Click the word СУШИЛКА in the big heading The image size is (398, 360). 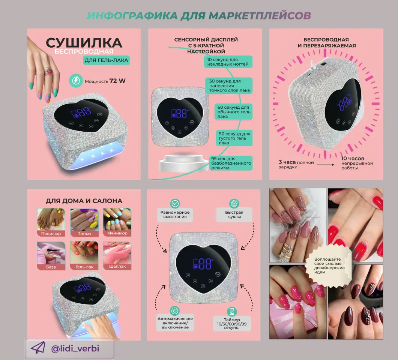84,43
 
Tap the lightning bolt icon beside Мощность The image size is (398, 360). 76,81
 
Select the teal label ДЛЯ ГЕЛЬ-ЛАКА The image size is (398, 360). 107,60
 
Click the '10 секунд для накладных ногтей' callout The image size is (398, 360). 228,62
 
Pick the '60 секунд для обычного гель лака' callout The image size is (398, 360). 234,112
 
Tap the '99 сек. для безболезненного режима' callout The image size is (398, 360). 231,163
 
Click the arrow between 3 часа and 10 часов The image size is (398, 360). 325,165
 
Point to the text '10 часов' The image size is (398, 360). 353,159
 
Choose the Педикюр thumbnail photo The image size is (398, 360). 51,222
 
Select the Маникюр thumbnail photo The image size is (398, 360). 117,222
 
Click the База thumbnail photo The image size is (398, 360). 51,255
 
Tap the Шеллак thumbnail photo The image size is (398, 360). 117,255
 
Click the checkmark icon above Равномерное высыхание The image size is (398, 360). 175,204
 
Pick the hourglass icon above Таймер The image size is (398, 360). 231,312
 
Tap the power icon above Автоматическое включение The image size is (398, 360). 175,311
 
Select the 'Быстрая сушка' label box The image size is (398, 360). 234,214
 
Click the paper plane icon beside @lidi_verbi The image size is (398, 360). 38,348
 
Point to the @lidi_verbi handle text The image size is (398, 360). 75,349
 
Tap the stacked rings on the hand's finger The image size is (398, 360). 48,72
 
